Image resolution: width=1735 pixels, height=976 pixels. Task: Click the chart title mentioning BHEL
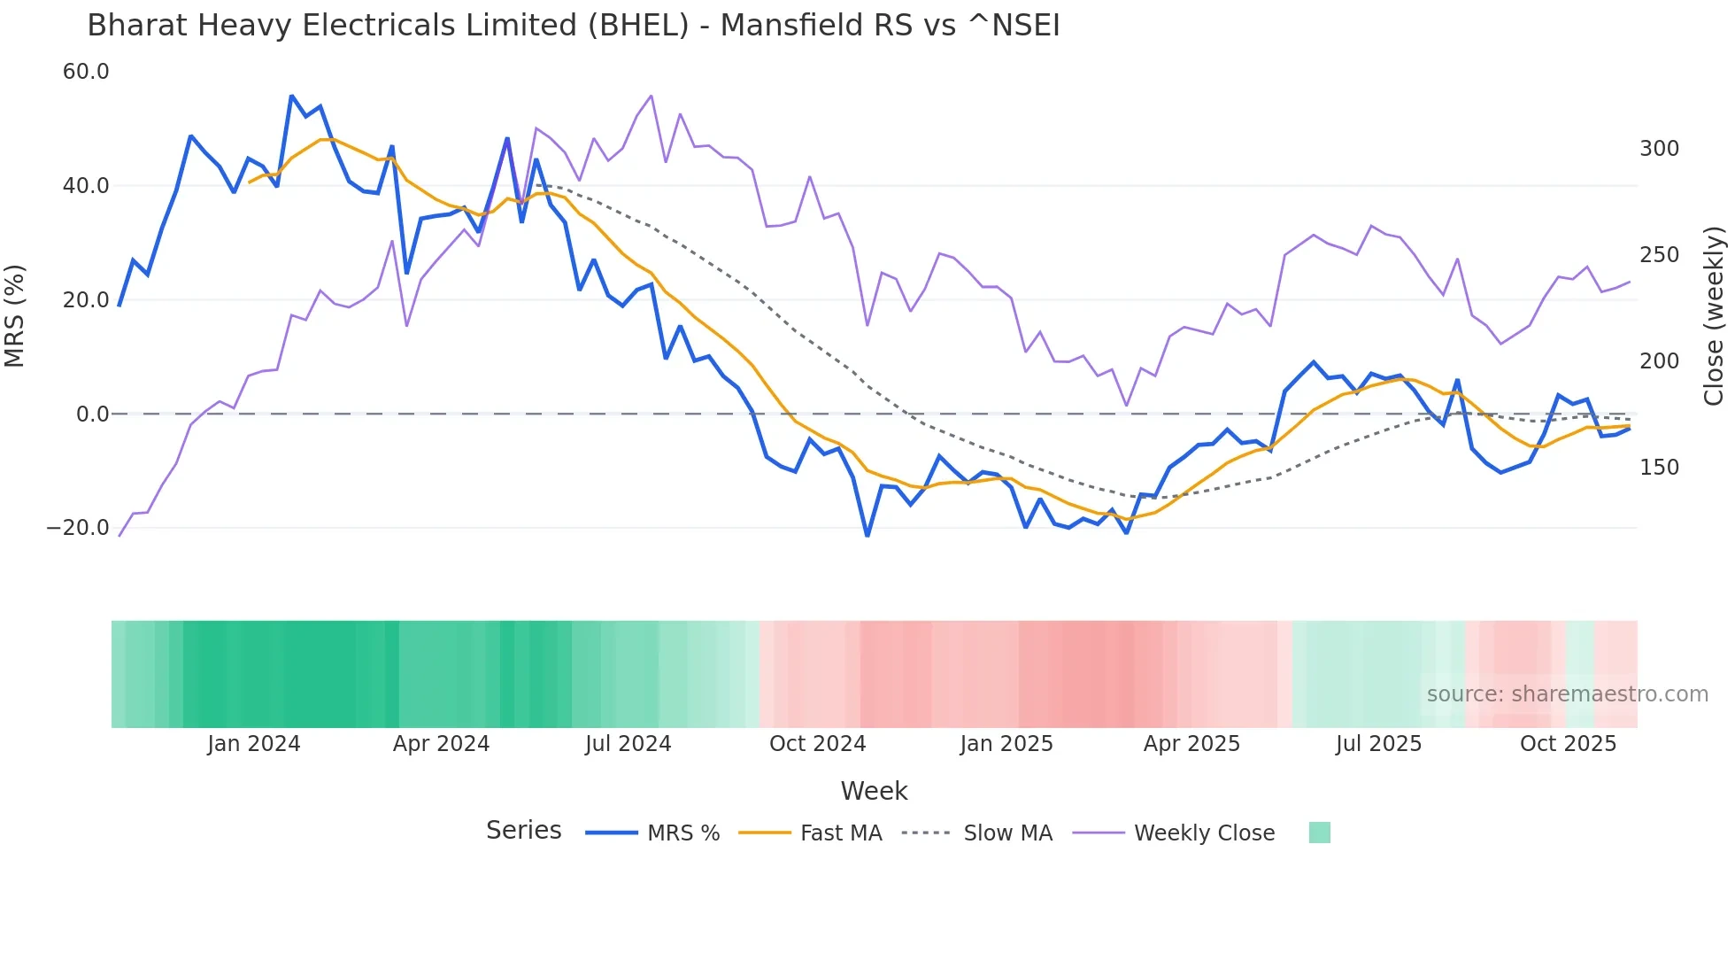573,26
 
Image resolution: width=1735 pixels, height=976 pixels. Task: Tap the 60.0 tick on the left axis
86,72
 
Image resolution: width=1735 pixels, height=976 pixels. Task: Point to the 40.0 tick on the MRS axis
86,186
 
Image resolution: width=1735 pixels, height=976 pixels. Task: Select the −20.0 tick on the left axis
78,528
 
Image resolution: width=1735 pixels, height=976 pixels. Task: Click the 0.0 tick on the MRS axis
92,414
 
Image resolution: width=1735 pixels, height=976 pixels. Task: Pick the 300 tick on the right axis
1659,149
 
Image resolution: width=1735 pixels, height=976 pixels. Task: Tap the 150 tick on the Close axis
1659,468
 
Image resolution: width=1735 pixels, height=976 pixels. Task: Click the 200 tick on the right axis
1659,361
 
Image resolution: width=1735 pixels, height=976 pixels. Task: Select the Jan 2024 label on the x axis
254,744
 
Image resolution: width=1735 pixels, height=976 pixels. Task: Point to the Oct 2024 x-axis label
817,744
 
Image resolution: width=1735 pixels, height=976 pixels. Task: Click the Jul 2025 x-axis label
1378,744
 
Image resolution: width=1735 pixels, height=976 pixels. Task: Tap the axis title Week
874,791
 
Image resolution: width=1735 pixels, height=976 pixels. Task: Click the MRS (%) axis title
15,315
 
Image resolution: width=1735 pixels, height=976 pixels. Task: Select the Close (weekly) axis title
1715,315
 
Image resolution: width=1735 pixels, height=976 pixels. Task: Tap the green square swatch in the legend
1319,833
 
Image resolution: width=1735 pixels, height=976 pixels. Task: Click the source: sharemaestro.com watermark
1567,694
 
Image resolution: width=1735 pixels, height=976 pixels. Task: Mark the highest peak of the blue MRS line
291,96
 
